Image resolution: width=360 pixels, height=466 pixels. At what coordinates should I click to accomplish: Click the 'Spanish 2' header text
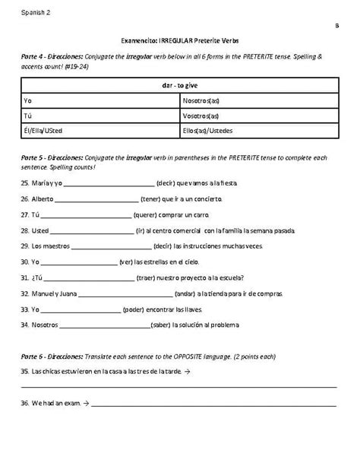35,13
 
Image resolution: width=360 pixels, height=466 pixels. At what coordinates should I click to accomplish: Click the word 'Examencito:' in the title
140,41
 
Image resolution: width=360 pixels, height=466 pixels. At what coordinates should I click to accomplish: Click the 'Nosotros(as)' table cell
202,100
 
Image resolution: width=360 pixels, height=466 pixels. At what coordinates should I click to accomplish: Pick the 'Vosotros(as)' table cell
201,116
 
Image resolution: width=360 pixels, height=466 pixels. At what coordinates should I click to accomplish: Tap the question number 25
26,183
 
